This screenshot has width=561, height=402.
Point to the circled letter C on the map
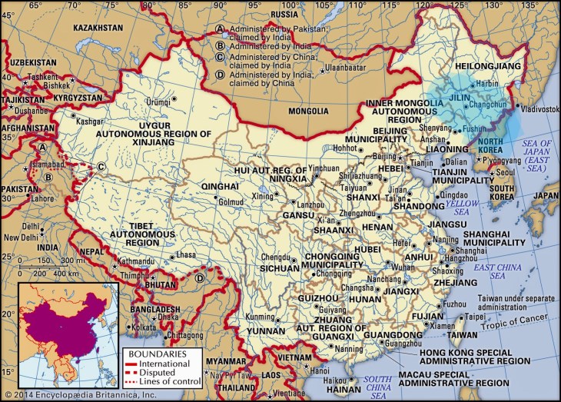(101, 166)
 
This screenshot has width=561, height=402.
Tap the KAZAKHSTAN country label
(98, 28)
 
